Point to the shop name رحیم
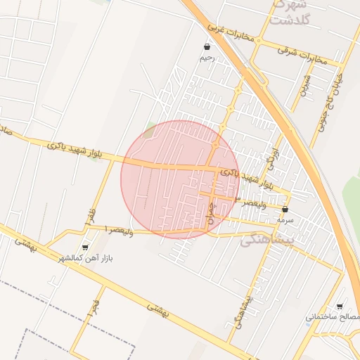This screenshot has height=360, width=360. (207, 58)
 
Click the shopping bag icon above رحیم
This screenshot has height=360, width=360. (207, 47)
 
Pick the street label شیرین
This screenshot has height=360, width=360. (304, 85)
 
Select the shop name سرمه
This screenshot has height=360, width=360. (285, 220)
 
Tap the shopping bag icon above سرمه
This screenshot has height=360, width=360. (285, 210)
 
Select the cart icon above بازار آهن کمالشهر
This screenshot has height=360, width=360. (86, 247)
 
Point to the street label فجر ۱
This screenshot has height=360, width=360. (94, 307)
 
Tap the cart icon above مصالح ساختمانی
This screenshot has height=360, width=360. (340, 307)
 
